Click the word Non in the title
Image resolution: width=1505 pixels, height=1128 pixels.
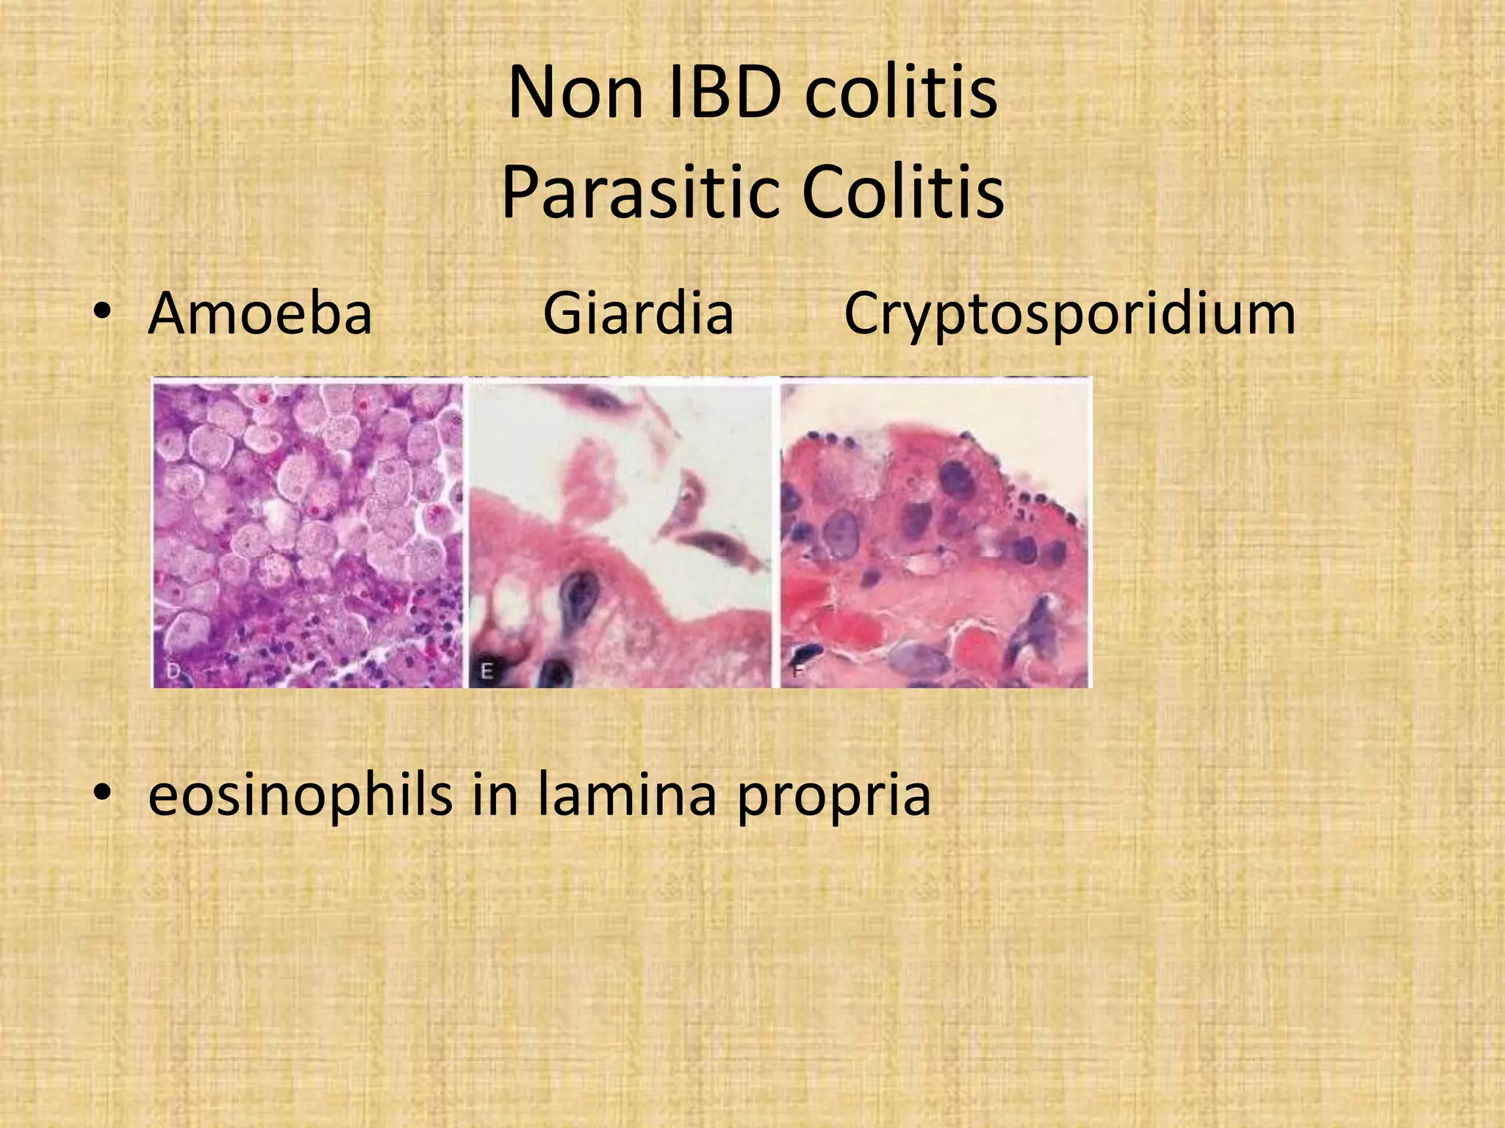coord(575,94)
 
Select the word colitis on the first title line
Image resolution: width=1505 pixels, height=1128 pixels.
coord(901,94)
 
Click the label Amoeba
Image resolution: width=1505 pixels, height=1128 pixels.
coord(260,314)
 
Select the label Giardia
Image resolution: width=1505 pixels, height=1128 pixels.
coord(638,314)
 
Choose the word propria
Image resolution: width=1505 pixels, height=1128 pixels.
coord(833,798)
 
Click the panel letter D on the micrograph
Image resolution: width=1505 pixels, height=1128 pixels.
coord(173,671)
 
